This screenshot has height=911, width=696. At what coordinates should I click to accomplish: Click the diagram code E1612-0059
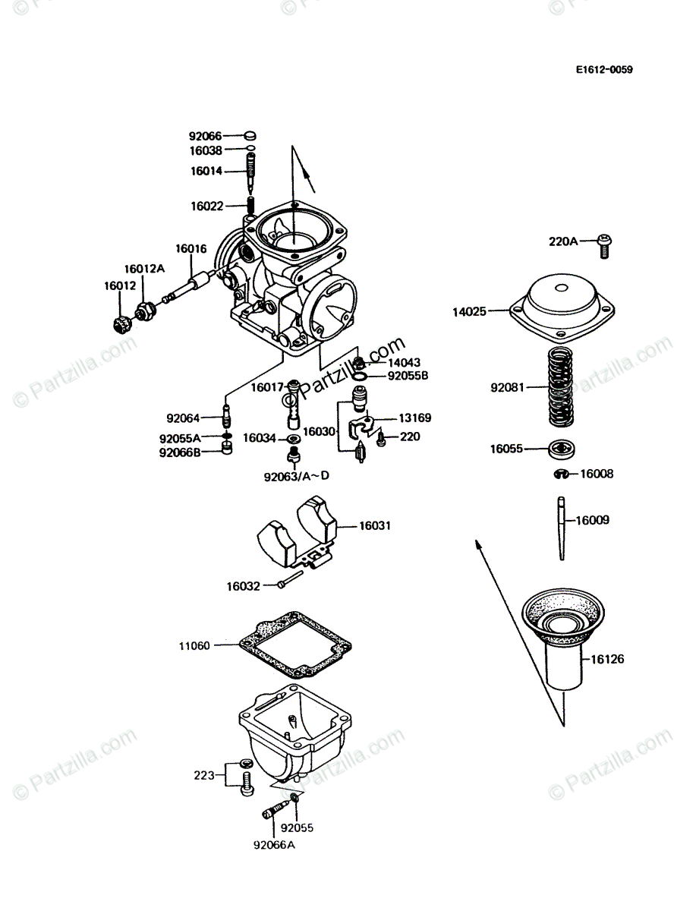603,70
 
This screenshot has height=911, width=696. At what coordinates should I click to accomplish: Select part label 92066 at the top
205,137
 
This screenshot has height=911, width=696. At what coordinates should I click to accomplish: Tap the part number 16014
206,172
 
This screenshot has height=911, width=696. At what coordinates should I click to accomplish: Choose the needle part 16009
562,528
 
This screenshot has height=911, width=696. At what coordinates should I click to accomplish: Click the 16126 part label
607,660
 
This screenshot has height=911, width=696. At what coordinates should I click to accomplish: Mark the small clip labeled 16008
560,475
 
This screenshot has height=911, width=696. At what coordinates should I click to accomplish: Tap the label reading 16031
375,525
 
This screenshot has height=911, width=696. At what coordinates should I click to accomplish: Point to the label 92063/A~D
297,477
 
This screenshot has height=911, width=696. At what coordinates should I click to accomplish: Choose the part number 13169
415,418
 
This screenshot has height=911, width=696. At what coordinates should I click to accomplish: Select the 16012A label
145,269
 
